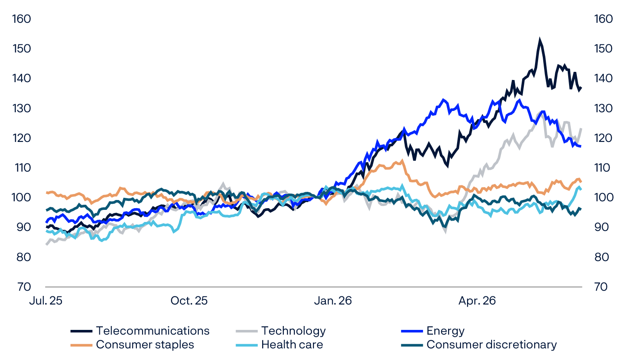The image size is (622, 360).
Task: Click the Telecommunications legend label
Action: [153, 331]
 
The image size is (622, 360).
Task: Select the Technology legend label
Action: [294, 331]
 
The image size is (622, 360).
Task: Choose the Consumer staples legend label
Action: [145, 345]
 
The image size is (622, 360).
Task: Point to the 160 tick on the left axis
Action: [22, 19]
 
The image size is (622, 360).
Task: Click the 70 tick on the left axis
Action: [24, 287]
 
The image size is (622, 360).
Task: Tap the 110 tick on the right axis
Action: [602, 168]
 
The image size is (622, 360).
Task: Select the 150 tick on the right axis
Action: [603, 49]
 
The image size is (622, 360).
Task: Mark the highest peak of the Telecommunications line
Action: [540, 39]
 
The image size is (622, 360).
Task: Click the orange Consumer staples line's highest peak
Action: [402, 160]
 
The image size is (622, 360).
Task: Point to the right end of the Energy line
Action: [581, 146]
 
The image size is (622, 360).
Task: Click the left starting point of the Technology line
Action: [46, 244]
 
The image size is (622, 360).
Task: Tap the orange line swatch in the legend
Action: [81, 345]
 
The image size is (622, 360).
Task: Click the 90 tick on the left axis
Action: [24, 227]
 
